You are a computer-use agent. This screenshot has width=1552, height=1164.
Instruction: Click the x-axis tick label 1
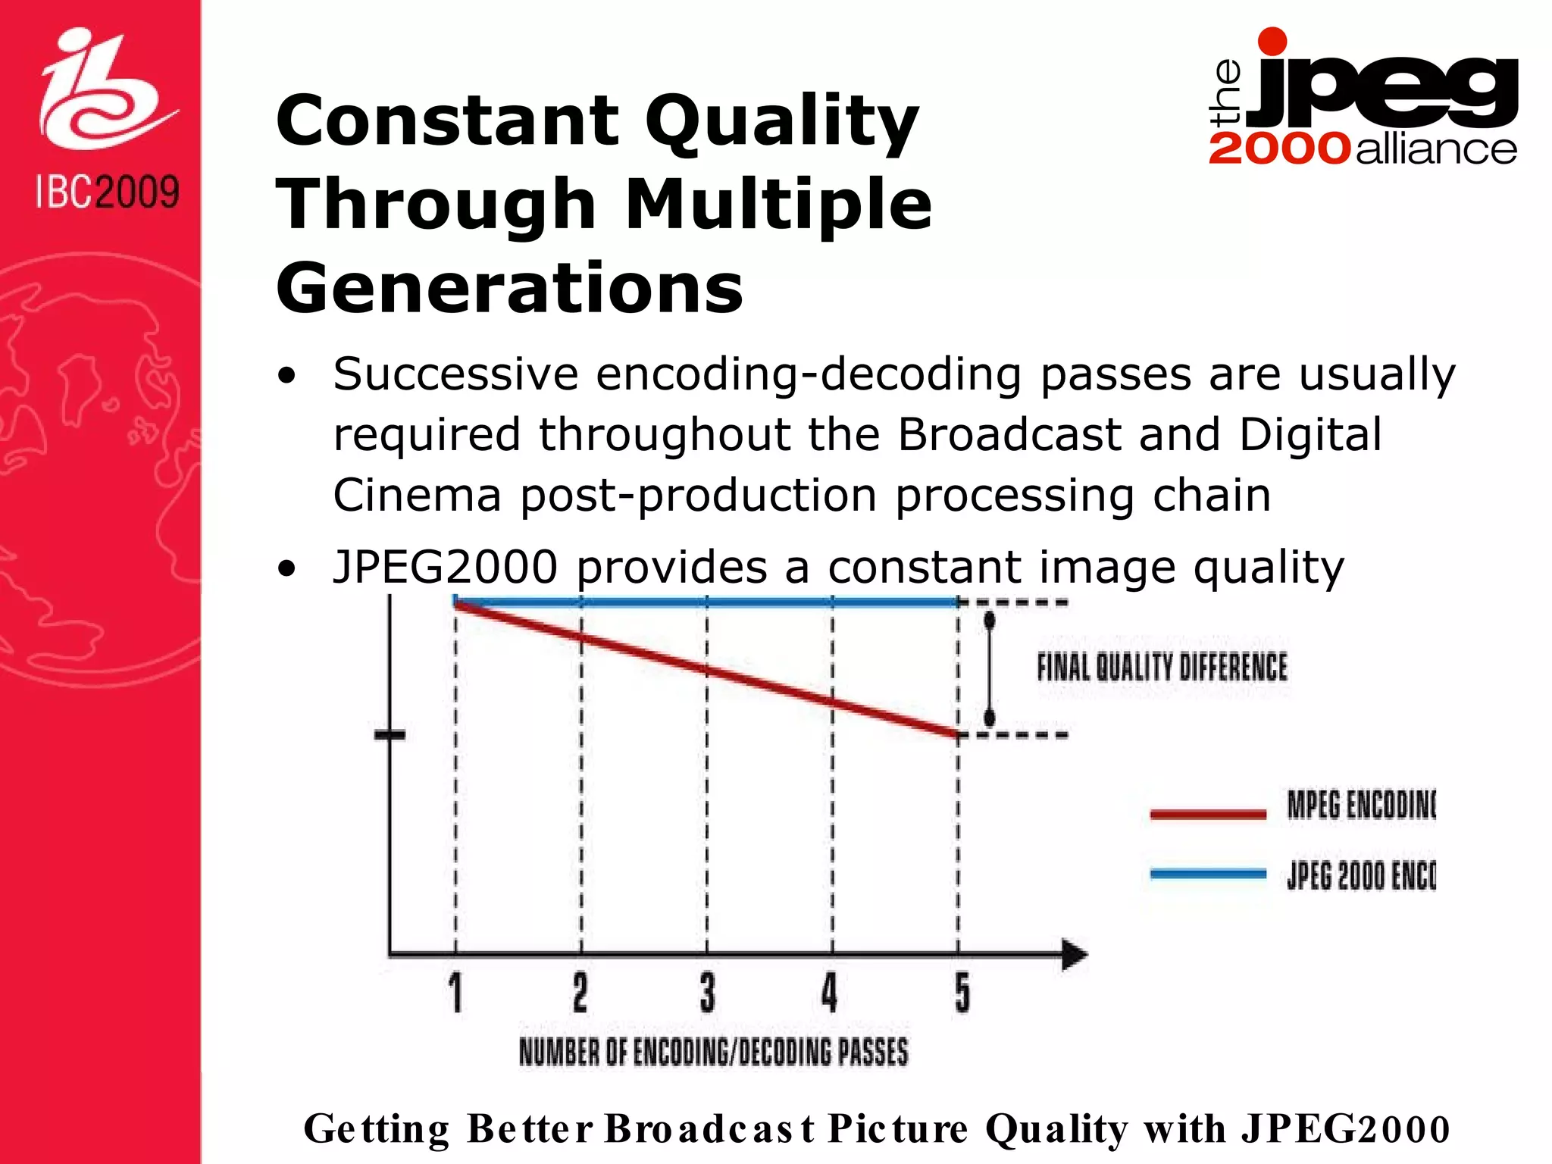455,993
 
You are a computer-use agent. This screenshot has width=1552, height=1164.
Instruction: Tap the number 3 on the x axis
707,993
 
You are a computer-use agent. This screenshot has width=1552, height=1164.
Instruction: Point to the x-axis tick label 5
962,993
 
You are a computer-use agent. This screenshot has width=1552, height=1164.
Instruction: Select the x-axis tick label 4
830,993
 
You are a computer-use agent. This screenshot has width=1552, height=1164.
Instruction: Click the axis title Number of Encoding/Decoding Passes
713,1052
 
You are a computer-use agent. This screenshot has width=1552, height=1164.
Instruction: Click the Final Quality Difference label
1162,668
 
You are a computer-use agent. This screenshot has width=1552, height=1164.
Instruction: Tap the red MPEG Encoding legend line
1208,815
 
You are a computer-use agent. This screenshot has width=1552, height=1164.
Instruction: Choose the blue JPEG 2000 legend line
1208,874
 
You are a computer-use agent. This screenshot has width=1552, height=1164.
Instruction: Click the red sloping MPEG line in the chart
707,669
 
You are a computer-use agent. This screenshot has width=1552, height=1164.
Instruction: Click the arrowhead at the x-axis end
1075,954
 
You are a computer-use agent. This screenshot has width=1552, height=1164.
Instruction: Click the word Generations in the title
510,288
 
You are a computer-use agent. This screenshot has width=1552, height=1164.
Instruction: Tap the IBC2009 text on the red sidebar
107,192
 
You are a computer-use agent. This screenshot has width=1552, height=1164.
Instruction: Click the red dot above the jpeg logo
1272,42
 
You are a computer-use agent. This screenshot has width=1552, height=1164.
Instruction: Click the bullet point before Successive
286,376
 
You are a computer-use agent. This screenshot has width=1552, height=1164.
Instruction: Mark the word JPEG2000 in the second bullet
446,567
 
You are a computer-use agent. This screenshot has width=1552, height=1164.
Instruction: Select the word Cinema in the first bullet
418,495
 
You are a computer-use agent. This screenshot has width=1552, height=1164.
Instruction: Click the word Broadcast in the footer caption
710,1128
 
